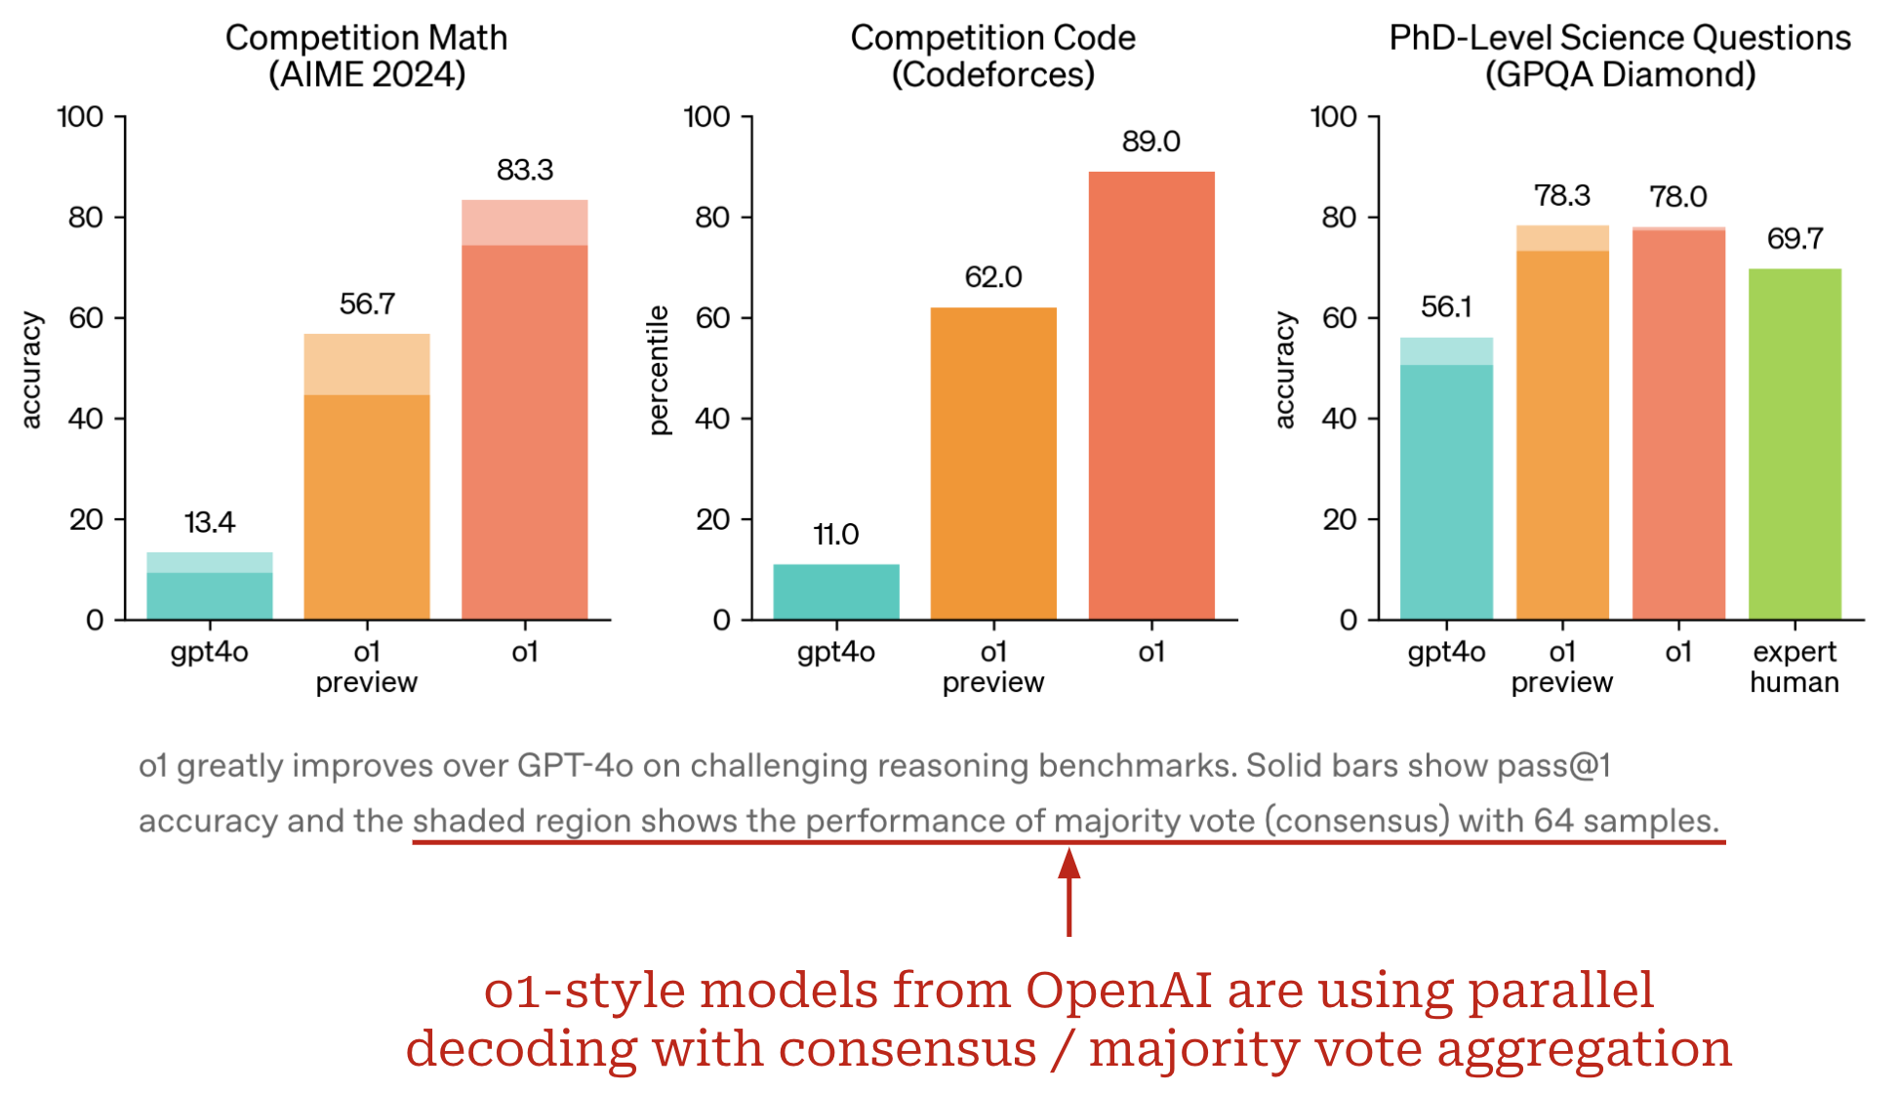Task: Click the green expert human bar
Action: click(1794, 444)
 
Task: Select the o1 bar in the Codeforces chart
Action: click(1151, 395)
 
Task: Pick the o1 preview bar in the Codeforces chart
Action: click(993, 464)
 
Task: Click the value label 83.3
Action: click(525, 170)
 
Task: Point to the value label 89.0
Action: click(1151, 142)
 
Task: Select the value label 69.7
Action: click(1794, 238)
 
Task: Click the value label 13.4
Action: click(210, 522)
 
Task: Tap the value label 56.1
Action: click(1446, 307)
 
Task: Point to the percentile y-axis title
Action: click(660, 370)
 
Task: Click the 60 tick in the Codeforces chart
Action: click(712, 318)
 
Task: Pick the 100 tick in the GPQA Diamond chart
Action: click(1334, 117)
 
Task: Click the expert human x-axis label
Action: click(1794, 667)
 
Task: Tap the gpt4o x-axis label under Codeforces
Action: click(836, 652)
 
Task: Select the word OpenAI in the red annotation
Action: click(1118, 990)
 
